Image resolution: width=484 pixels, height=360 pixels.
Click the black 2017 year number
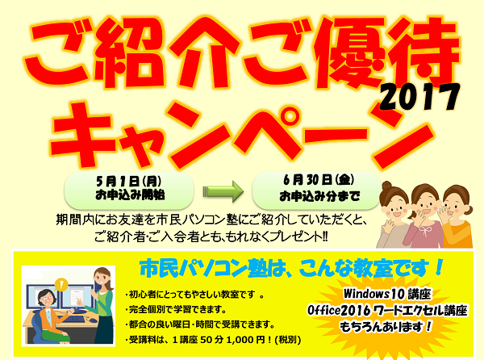(x=419, y=97)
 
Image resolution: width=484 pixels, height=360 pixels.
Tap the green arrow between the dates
(x=223, y=192)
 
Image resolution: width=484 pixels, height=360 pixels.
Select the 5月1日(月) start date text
(x=128, y=182)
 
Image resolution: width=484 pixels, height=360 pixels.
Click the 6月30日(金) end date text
(x=319, y=180)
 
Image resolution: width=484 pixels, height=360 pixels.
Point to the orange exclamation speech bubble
(x=62, y=284)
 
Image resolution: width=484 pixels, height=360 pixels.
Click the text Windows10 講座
(x=387, y=294)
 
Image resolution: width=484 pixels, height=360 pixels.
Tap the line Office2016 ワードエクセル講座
(x=387, y=311)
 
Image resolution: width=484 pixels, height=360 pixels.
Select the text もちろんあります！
(x=386, y=327)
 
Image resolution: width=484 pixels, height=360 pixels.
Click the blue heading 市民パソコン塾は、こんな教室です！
(x=291, y=268)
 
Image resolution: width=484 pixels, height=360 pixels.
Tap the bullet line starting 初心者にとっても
(x=194, y=295)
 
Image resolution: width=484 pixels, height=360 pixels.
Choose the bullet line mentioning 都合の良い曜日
(x=200, y=324)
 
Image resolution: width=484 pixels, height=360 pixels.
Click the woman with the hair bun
(x=394, y=216)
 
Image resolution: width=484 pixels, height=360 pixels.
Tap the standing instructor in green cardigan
(x=101, y=306)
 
